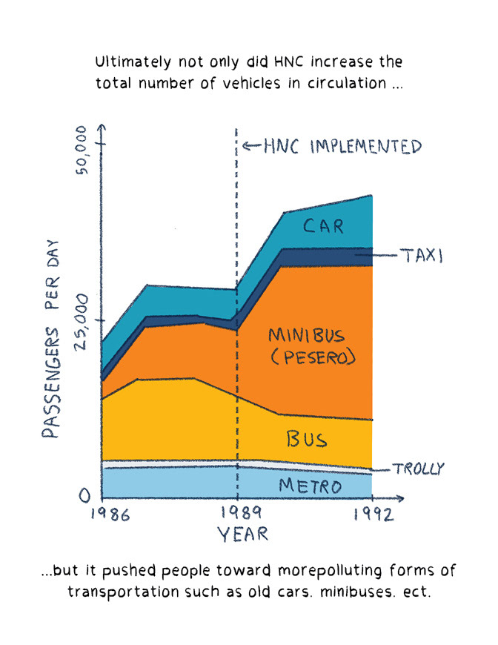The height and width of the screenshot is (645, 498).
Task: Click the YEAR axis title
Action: coord(242,535)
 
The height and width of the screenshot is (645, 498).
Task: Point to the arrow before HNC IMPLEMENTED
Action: coord(253,146)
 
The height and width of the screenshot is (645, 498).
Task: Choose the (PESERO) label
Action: coord(311,358)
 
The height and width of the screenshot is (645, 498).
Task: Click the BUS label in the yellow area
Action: coord(307,439)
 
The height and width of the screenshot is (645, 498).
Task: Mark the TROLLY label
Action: coord(418,469)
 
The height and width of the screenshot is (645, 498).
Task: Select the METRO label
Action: coord(311,486)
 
